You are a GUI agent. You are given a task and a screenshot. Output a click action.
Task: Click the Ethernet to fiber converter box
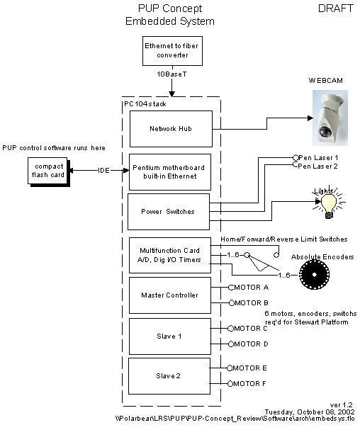(172, 51)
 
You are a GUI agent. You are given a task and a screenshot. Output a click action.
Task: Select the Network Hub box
(171, 129)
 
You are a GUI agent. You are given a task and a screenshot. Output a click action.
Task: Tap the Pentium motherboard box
(169, 172)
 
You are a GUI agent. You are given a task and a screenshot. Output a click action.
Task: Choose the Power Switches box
(169, 212)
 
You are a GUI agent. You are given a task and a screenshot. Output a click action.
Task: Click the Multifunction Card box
(169, 255)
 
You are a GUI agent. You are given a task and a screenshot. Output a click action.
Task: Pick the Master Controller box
(169, 295)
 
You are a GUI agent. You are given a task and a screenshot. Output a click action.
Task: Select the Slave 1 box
(169, 336)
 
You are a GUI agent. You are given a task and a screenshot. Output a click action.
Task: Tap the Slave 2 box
(169, 376)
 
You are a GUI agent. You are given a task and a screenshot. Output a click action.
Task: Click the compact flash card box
(49, 172)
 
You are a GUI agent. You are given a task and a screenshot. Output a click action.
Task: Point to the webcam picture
(330, 118)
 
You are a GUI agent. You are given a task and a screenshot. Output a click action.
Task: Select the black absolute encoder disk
(314, 274)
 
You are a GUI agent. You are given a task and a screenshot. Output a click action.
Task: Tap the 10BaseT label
(172, 74)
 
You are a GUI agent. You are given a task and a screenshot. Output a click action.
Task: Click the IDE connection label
(103, 171)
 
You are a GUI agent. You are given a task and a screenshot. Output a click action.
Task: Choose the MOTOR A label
(252, 288)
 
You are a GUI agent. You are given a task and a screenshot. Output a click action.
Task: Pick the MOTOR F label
(249, 383)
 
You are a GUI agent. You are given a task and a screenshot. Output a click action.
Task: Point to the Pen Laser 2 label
(318, 166)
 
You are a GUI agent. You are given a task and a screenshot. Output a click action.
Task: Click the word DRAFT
(336, 8)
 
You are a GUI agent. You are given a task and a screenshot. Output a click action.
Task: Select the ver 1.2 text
(342, 405)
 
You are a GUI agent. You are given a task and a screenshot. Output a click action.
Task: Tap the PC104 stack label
(145, 104)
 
